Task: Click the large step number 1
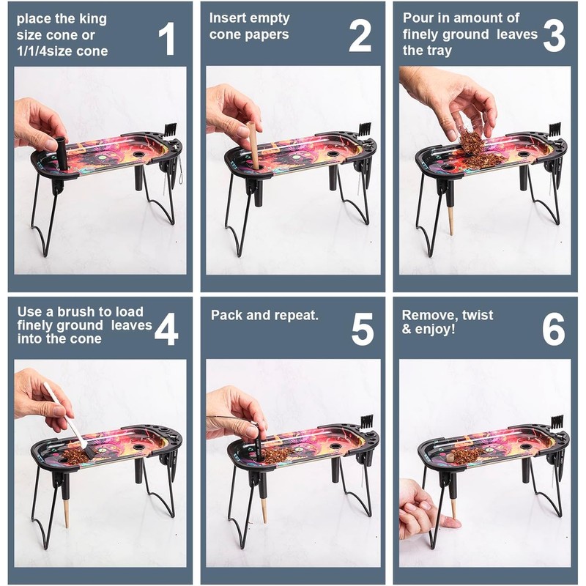[167, 38]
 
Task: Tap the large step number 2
[360, 36]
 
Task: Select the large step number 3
[554, 36]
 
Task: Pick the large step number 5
[363, 329]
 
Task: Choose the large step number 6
[554, 329]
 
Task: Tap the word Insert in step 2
[227, 18]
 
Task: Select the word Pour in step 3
[418, 18]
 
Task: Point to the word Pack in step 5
[227, 315]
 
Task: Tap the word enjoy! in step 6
[435, 329]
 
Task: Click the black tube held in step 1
[62, 153]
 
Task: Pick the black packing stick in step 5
[258, 442]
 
